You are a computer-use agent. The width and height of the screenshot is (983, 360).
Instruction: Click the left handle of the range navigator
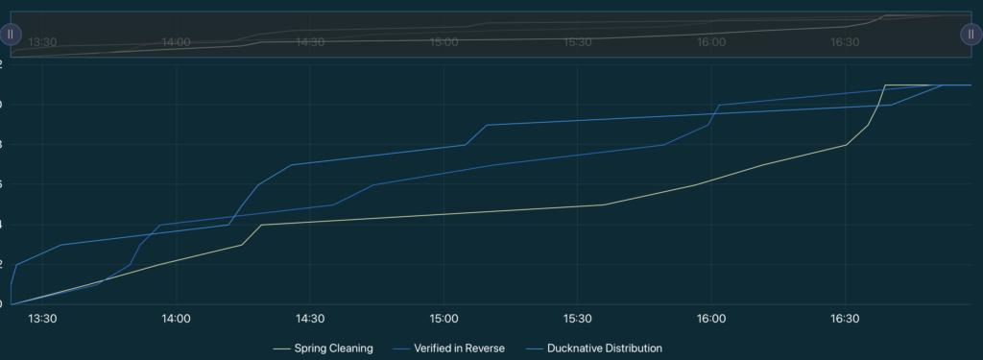pyautogui.click(x=10, y=34)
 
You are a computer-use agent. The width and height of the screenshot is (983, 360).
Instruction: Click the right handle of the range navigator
pyautogui.click(x=971, y=34)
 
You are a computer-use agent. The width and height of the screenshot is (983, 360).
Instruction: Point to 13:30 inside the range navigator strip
pyautogui.click(x=43, y=42)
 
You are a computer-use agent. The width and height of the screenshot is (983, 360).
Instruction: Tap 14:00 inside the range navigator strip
pyautogui.click(x=177, y=42)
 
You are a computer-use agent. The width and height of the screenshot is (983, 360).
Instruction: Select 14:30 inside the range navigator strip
pyautogui.click(x=310, y=42)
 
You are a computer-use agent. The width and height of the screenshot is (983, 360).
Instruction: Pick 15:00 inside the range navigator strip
pyautogui.click(x=444, y=42)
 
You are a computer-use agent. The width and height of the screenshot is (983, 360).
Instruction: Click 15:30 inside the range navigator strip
pyautogui.click(x=577, y=42)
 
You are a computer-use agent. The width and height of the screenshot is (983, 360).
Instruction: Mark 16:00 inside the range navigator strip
pyautogui.click(x=711, y=42)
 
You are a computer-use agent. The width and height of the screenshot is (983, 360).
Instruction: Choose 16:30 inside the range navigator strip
pyautogui.click(x=845, y=42)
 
